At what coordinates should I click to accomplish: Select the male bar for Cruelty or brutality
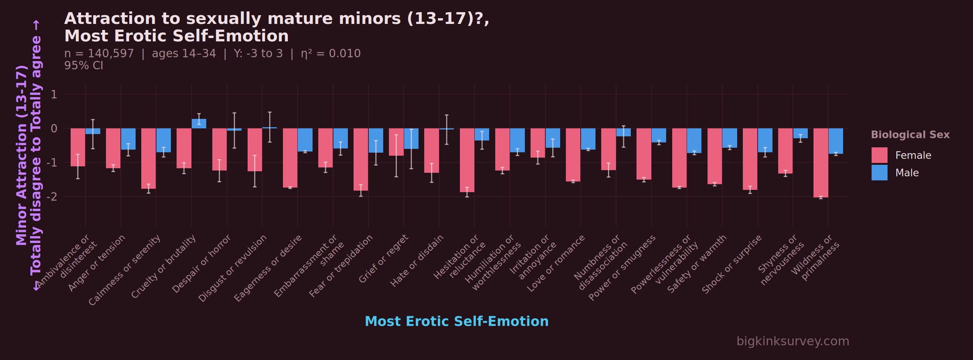[x=199, y=123]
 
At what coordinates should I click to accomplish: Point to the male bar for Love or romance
[x=588, y=139]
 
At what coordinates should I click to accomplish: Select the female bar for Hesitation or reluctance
[x=467, y=160]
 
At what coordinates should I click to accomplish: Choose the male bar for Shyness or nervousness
[x=800, y=133]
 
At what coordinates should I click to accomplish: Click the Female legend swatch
[x=879, y=155]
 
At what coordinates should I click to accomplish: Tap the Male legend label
[x=907, y=173]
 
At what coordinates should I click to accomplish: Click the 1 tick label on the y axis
[x=54, y=94]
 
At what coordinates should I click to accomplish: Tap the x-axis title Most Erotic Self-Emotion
[x=456, y=321]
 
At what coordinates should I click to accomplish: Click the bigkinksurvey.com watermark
[x=793, y=341]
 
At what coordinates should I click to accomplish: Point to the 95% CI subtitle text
[x=84, y=66]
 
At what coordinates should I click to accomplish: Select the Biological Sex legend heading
[x=910, y=135]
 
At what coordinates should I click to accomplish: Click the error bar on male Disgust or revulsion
[x=270, y=127]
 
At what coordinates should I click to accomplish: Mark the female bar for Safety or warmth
[x=714, y=156]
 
